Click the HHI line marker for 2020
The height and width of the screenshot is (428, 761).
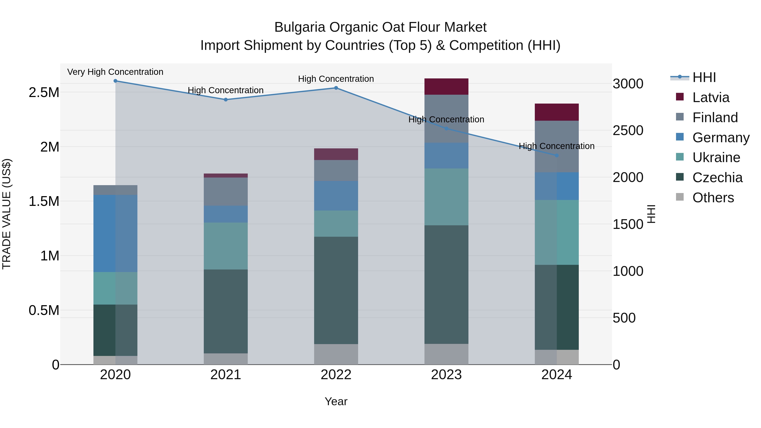[x=115, y=81]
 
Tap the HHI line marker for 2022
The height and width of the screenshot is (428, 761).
[x=336, y=88]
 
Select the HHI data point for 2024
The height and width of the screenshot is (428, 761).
[x=557, y=155]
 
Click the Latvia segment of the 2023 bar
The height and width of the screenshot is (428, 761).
[x=446, y=86]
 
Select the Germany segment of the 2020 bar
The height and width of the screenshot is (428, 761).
[x=115, y=233]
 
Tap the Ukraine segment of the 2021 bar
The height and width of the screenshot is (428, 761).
[x=226, y=246]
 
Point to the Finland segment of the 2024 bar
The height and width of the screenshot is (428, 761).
[x=557, y=146]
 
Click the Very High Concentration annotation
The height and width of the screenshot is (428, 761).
[x=115, y=72]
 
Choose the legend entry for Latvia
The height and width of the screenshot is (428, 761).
[x=710, y=97]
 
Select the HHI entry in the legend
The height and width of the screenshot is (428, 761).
[x=704, y=77]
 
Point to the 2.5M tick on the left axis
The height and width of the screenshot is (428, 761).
[x=44, y=92]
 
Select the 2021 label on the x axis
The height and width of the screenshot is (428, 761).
[x=226, y=375]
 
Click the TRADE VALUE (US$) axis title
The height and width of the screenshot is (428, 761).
[x=7, y=214]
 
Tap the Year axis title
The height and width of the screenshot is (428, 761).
[x=336, y=401]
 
